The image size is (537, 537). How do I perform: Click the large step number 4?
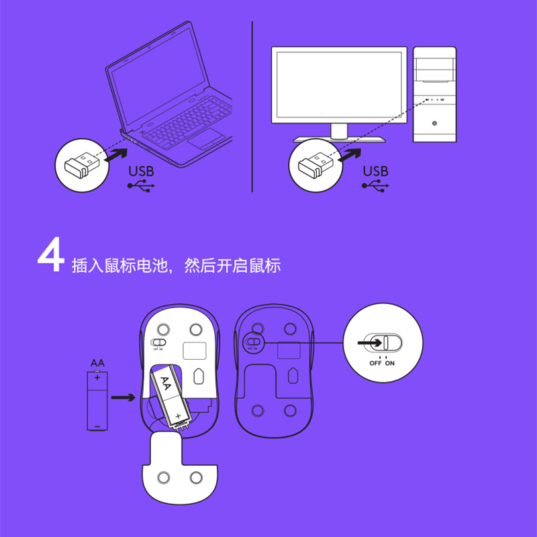(51, 255)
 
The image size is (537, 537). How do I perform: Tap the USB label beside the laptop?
(141, 171)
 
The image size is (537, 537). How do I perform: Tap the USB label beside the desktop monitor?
(376, 171)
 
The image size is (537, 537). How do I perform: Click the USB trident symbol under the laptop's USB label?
(141, 186)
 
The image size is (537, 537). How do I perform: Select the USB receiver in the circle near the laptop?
(82, 166)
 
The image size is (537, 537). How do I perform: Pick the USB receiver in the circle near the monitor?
(315, 166)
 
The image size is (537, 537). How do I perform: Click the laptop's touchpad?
(206, 139)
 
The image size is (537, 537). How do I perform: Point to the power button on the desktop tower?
(434, 124)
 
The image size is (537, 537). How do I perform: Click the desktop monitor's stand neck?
(339, 131)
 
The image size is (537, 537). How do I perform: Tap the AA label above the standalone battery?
(97, 363)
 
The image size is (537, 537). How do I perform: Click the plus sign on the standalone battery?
(97, 378)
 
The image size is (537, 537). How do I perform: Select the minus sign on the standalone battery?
(97, 426)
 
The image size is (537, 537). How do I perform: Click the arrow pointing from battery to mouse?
(124, 397)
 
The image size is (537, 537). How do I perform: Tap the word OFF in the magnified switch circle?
(375, 363)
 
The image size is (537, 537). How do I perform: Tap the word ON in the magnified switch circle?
(390, 363)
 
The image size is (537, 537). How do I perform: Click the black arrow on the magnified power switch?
(370, 343)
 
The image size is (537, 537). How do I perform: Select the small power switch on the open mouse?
(158, 342)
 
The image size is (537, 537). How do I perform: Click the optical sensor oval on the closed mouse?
(293, 376)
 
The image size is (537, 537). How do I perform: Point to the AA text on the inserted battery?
(166, 383)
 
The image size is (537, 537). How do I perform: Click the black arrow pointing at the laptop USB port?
(115, 156)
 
